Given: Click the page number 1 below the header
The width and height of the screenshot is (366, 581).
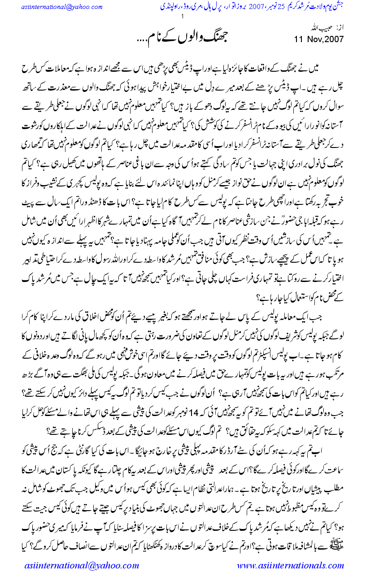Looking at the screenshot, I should [183, 17].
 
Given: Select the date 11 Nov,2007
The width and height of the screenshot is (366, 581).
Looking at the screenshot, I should [318, 39].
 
